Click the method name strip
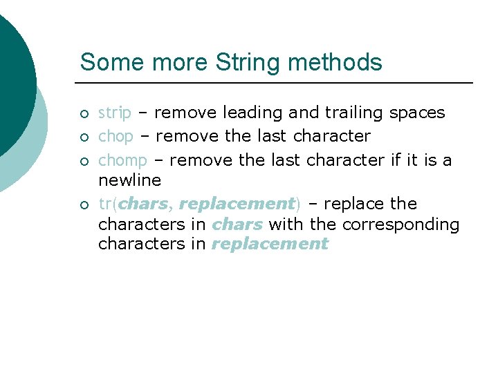click(115, 113)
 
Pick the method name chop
click(116, 136)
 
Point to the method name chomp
click(122, 160)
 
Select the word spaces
click(417, 113)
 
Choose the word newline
click(129, 180)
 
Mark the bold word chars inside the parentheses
click(143, 204)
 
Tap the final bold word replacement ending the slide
click(270, 244)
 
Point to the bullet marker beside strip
click(84, 113)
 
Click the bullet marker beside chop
click(84, 137)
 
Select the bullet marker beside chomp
click(84, 161)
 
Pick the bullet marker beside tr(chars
click(84, 204)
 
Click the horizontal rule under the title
click(277, 83)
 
